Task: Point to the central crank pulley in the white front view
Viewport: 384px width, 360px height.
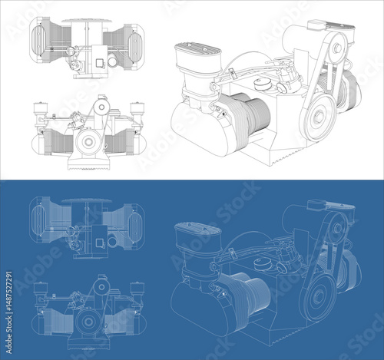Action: click(x=90, y=141)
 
